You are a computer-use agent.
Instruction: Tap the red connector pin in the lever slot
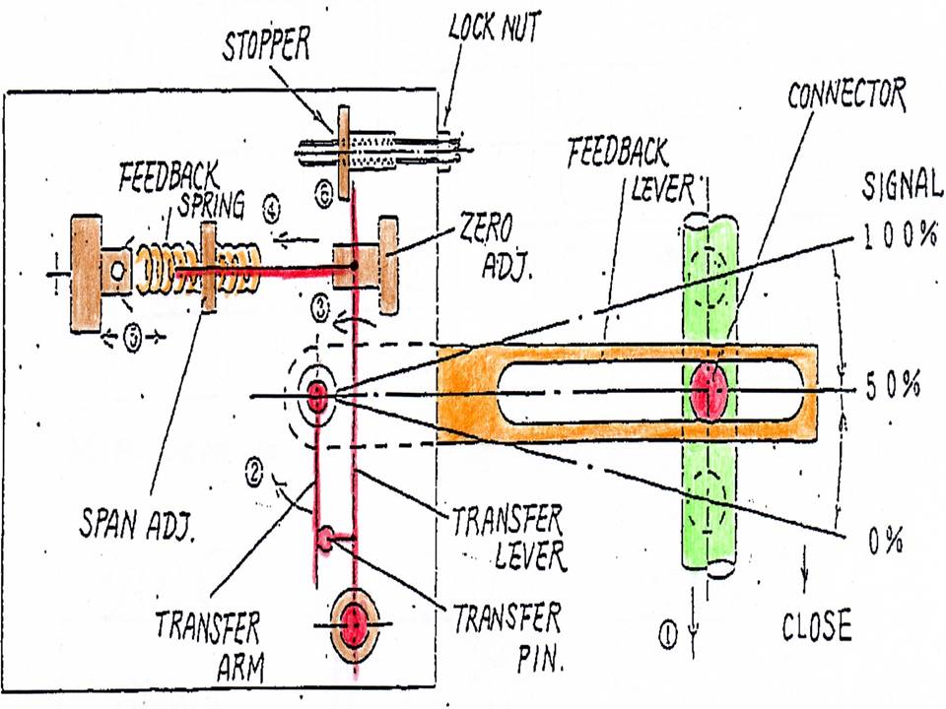pyautogui.click(x=711, y=391)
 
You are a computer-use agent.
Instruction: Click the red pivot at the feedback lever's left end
pyautogui.click(x=317, y=395)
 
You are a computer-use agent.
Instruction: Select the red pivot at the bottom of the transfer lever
pyautogui.click(x=354, y=623)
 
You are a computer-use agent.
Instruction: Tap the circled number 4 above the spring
pyautogui.click(x=272, y=209)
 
